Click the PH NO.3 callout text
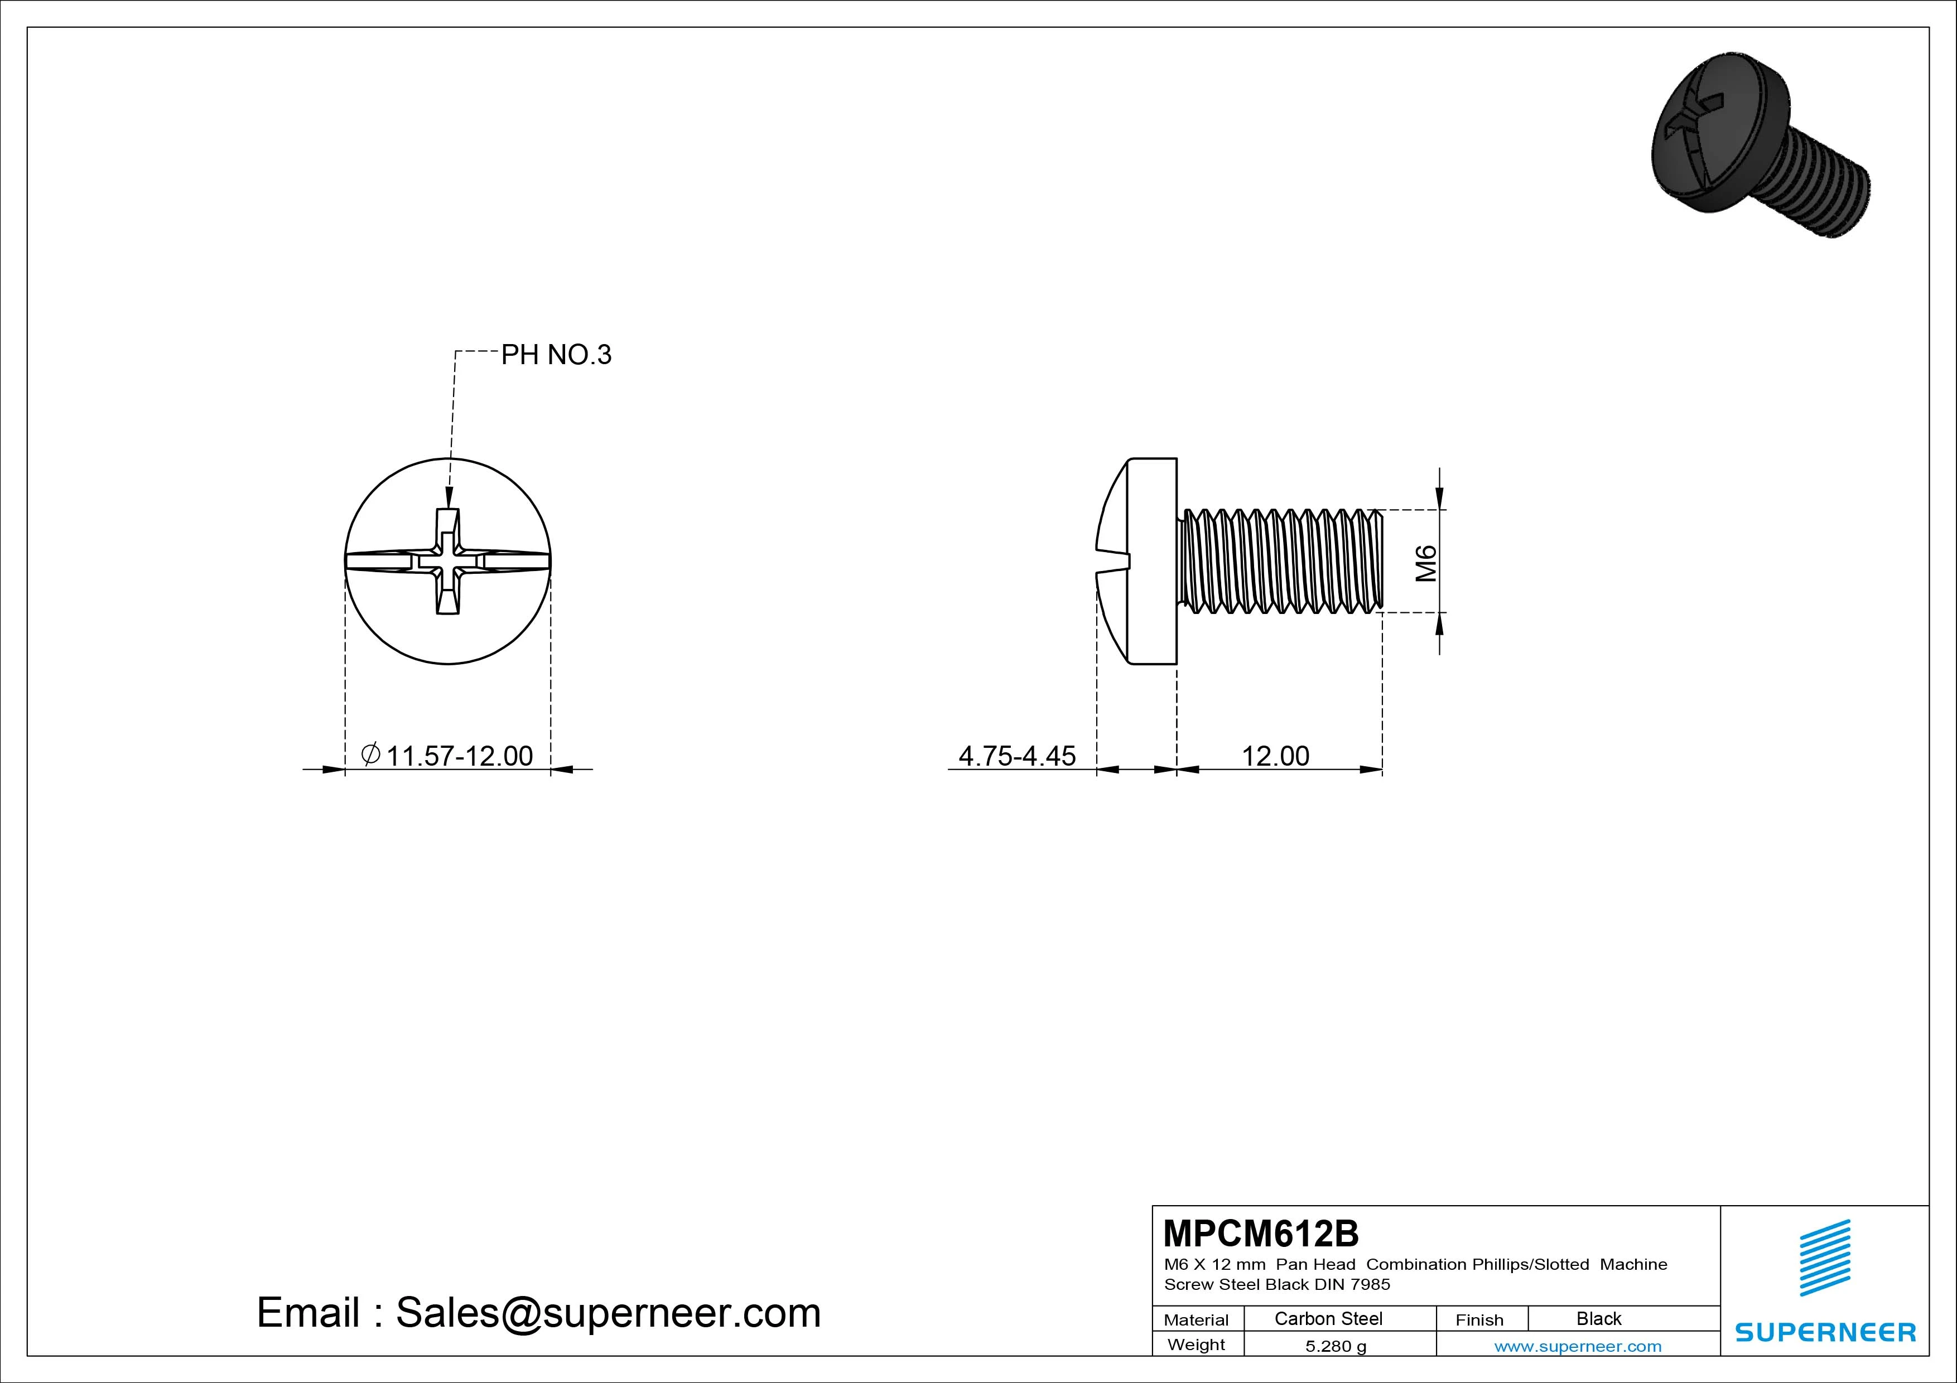click(556, 355)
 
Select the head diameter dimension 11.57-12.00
click(460, 756)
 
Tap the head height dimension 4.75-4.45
click(1017, 756)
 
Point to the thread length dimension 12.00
click(1275, 756)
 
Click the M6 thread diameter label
click(1426, 563)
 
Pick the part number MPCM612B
click(1261, 1233)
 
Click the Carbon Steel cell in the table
click(1328, 1318)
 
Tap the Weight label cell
click(1196, 1345)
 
